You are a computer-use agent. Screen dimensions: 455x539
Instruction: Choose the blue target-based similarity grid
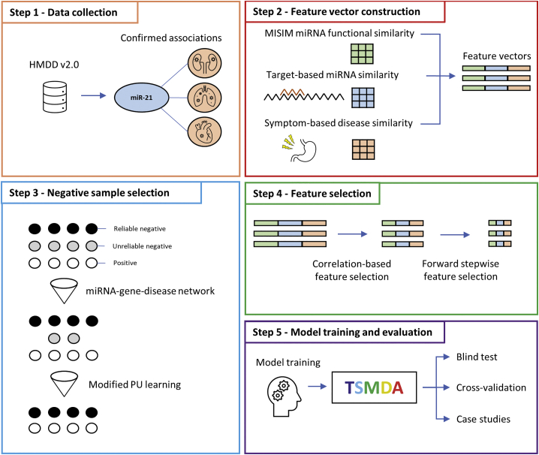tap(364, 97)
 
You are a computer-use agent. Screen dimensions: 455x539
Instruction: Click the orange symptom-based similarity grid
tap(364, 146)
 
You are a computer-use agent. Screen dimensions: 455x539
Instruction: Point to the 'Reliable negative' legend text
tap(140, 228)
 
